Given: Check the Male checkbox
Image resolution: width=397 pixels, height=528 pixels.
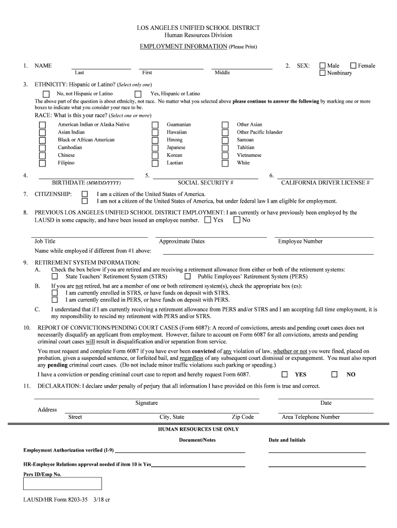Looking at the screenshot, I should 323,66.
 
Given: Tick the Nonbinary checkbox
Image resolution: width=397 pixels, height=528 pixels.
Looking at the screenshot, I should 323,73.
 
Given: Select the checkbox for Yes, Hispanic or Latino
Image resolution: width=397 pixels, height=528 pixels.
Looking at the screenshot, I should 138,94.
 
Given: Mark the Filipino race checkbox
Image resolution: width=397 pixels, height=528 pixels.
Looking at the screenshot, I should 43,163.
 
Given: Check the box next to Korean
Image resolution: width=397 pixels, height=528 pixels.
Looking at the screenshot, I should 155,156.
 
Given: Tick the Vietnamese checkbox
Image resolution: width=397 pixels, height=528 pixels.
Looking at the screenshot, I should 225,156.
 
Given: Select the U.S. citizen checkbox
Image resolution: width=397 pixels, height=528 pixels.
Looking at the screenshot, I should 85,194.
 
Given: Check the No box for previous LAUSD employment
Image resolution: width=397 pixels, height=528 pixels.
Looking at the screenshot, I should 237,220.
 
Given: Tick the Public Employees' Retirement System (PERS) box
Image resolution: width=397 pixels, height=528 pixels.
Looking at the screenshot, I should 188,277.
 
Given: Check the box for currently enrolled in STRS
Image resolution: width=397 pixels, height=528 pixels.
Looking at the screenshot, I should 55,293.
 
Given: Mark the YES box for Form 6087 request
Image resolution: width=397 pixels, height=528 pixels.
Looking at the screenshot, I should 285,375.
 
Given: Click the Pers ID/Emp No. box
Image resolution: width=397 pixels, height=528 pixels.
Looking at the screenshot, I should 62,483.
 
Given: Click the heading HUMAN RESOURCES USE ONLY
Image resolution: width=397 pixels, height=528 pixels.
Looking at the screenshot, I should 198,429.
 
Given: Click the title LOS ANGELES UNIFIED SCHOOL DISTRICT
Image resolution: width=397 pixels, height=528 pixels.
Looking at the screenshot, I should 198,28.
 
